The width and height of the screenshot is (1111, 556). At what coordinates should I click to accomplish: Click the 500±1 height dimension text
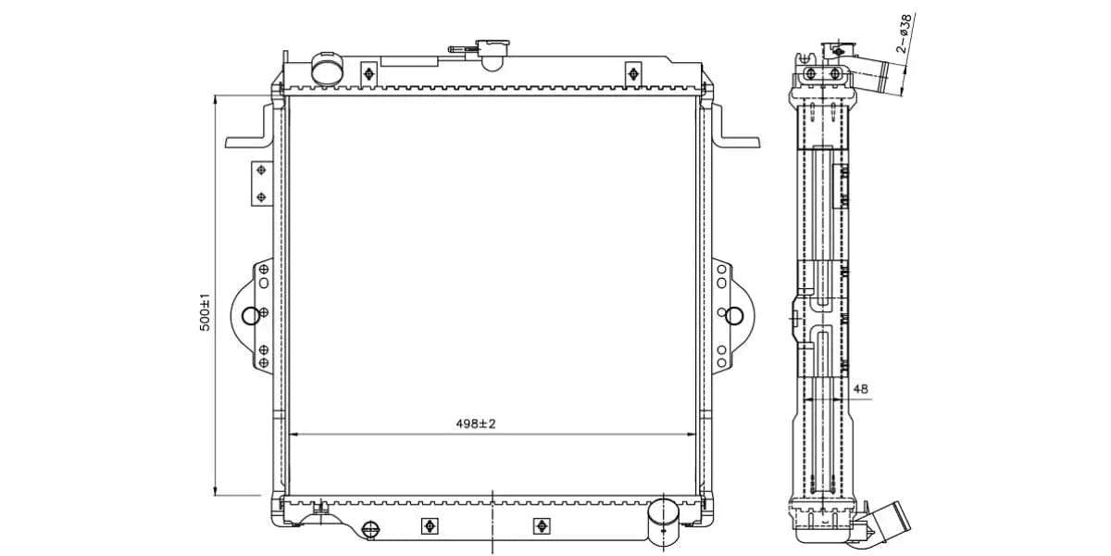(206, 313)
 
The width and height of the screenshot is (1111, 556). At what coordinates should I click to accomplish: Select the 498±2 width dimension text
(476, 423)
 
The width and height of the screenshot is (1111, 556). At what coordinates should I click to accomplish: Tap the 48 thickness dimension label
(860, 389)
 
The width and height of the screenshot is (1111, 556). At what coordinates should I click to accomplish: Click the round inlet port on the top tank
(325, 69)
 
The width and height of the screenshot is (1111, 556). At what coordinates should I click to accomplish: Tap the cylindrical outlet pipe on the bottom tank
(662, 523)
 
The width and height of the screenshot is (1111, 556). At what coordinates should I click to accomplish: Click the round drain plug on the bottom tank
(370, 529)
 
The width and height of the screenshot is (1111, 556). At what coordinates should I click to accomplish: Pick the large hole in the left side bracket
(250, 316)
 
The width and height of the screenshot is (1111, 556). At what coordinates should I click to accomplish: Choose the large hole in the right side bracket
(733, 316)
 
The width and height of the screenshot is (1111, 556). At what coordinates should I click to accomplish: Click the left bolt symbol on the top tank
(368, 73)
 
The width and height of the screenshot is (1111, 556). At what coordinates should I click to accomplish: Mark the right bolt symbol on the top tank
(633, 73)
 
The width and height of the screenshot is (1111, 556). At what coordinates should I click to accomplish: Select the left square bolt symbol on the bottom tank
(429, 526)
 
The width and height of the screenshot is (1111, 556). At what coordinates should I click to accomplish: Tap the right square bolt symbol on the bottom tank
(541, 526)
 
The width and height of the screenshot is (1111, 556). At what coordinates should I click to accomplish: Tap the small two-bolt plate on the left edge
(260, 183)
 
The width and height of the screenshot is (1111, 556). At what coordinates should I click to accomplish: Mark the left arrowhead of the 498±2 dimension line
(293, 434)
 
